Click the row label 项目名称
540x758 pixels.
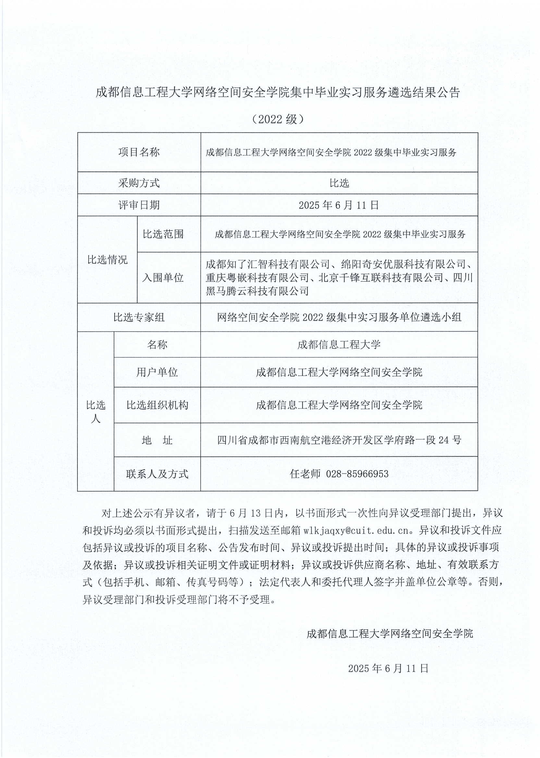[x=139, y=152]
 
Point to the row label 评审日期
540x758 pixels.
[x=139, y=205]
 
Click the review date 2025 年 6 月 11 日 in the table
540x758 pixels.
[x=339, y=205]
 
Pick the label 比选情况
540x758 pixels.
[x=107, y=259]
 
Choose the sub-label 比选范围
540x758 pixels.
[x=163, y=234]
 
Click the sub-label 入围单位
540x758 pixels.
[x=163, y=277]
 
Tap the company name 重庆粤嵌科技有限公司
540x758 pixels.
[x=257, y=277]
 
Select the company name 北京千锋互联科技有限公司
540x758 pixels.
[x=381, y=277]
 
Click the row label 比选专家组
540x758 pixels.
[x=139, y=317]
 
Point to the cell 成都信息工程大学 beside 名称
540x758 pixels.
[x=339, y=344]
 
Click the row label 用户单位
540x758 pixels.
[x=157, y=372]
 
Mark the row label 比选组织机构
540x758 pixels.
[x=157, y=405]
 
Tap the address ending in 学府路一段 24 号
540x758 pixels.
[x=339, y=440]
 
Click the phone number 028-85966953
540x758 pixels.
[x=357, y=474]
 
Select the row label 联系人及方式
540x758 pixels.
[x=157, y=474]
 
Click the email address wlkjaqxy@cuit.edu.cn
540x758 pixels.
[x=356, y=530]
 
